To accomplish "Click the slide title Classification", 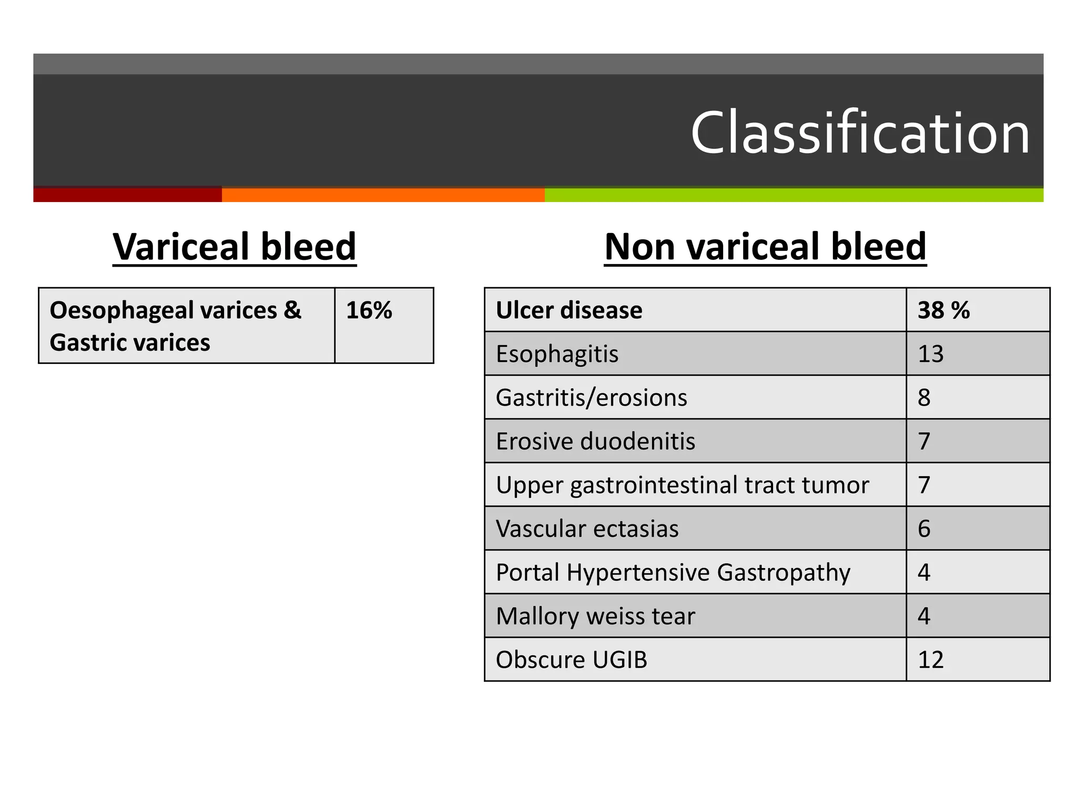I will (x=859, y=133).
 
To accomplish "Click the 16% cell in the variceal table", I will (x=369, y=310).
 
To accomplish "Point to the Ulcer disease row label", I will (x=569, y=310).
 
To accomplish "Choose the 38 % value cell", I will (x=943, y=310).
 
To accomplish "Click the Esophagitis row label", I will (x=557, y=354).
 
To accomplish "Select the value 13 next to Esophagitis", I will (x=930, y=354).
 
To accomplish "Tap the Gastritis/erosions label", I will (x=591, y=398).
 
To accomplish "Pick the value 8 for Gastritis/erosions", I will (x=924, y=398).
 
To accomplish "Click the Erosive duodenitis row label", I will (x=595, y=441).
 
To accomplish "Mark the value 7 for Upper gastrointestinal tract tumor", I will (x=924, y=485).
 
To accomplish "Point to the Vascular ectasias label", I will (x=587, y=529).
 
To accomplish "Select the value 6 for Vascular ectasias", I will (x=924, y=529).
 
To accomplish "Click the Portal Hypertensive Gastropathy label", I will (x=673, y=572).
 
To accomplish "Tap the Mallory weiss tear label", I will (x=595, y=616).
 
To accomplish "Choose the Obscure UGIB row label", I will (x=571, y=660).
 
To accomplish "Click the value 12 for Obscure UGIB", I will (x=930, y=660).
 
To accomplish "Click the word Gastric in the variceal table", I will (x=83, y=343).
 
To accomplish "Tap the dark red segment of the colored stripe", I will (x=127, y=195).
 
